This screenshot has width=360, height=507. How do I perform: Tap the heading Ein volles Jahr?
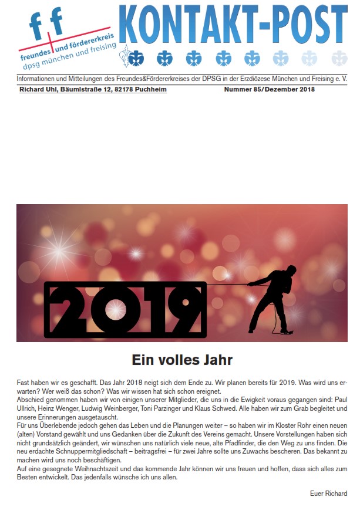(182, 359)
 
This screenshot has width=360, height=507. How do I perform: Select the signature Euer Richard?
(328, 493)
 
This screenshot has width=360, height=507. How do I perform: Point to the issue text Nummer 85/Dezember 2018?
(270, 89)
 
